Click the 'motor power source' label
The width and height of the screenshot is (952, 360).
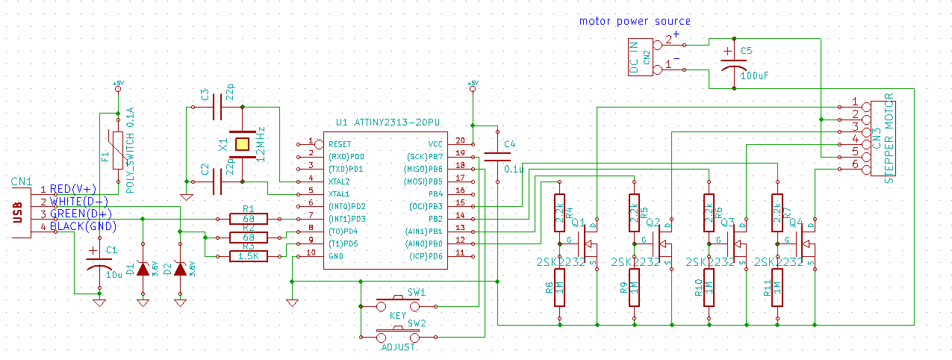click(x=635, y=21)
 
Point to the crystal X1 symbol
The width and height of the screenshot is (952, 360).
click(x=242, y=143)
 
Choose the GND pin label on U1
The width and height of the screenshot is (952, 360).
click(x=336, y=255)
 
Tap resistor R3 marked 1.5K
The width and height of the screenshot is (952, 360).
click(x=248, y=256)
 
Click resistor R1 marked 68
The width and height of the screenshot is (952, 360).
click(x=248, y=219)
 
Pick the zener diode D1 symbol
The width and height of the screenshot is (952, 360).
click(x=143, y=270)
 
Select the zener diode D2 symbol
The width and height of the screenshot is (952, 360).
click(x=179, y=270)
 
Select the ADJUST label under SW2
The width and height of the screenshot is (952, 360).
click(x=398, y=347)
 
